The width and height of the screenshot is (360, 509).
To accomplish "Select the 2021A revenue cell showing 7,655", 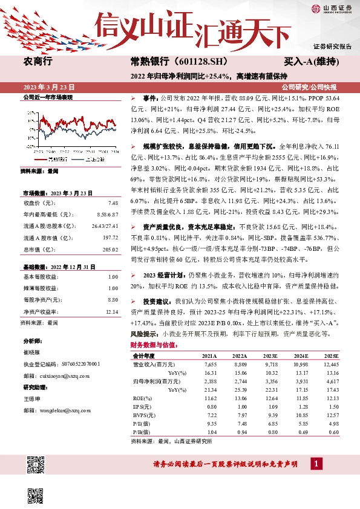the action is coord(209,365).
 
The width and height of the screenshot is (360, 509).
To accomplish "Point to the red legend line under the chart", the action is coord(40,160).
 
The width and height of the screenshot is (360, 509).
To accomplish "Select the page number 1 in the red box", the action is coord(315,464).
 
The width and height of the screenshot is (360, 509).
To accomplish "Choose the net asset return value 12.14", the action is coord(111,294).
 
